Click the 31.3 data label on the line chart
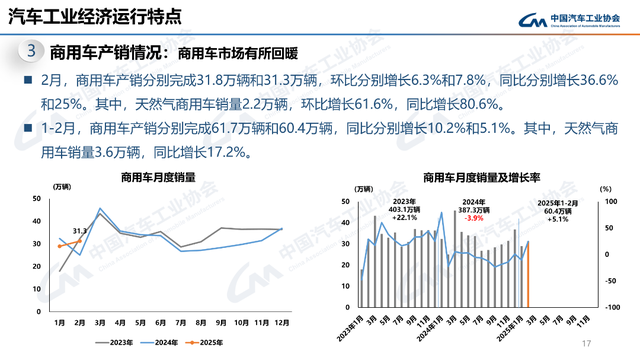tap(81, 230)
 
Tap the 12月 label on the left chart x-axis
tap(283, 322)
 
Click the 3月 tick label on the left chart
tap(101, 322)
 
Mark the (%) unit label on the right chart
tap(603, 187)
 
